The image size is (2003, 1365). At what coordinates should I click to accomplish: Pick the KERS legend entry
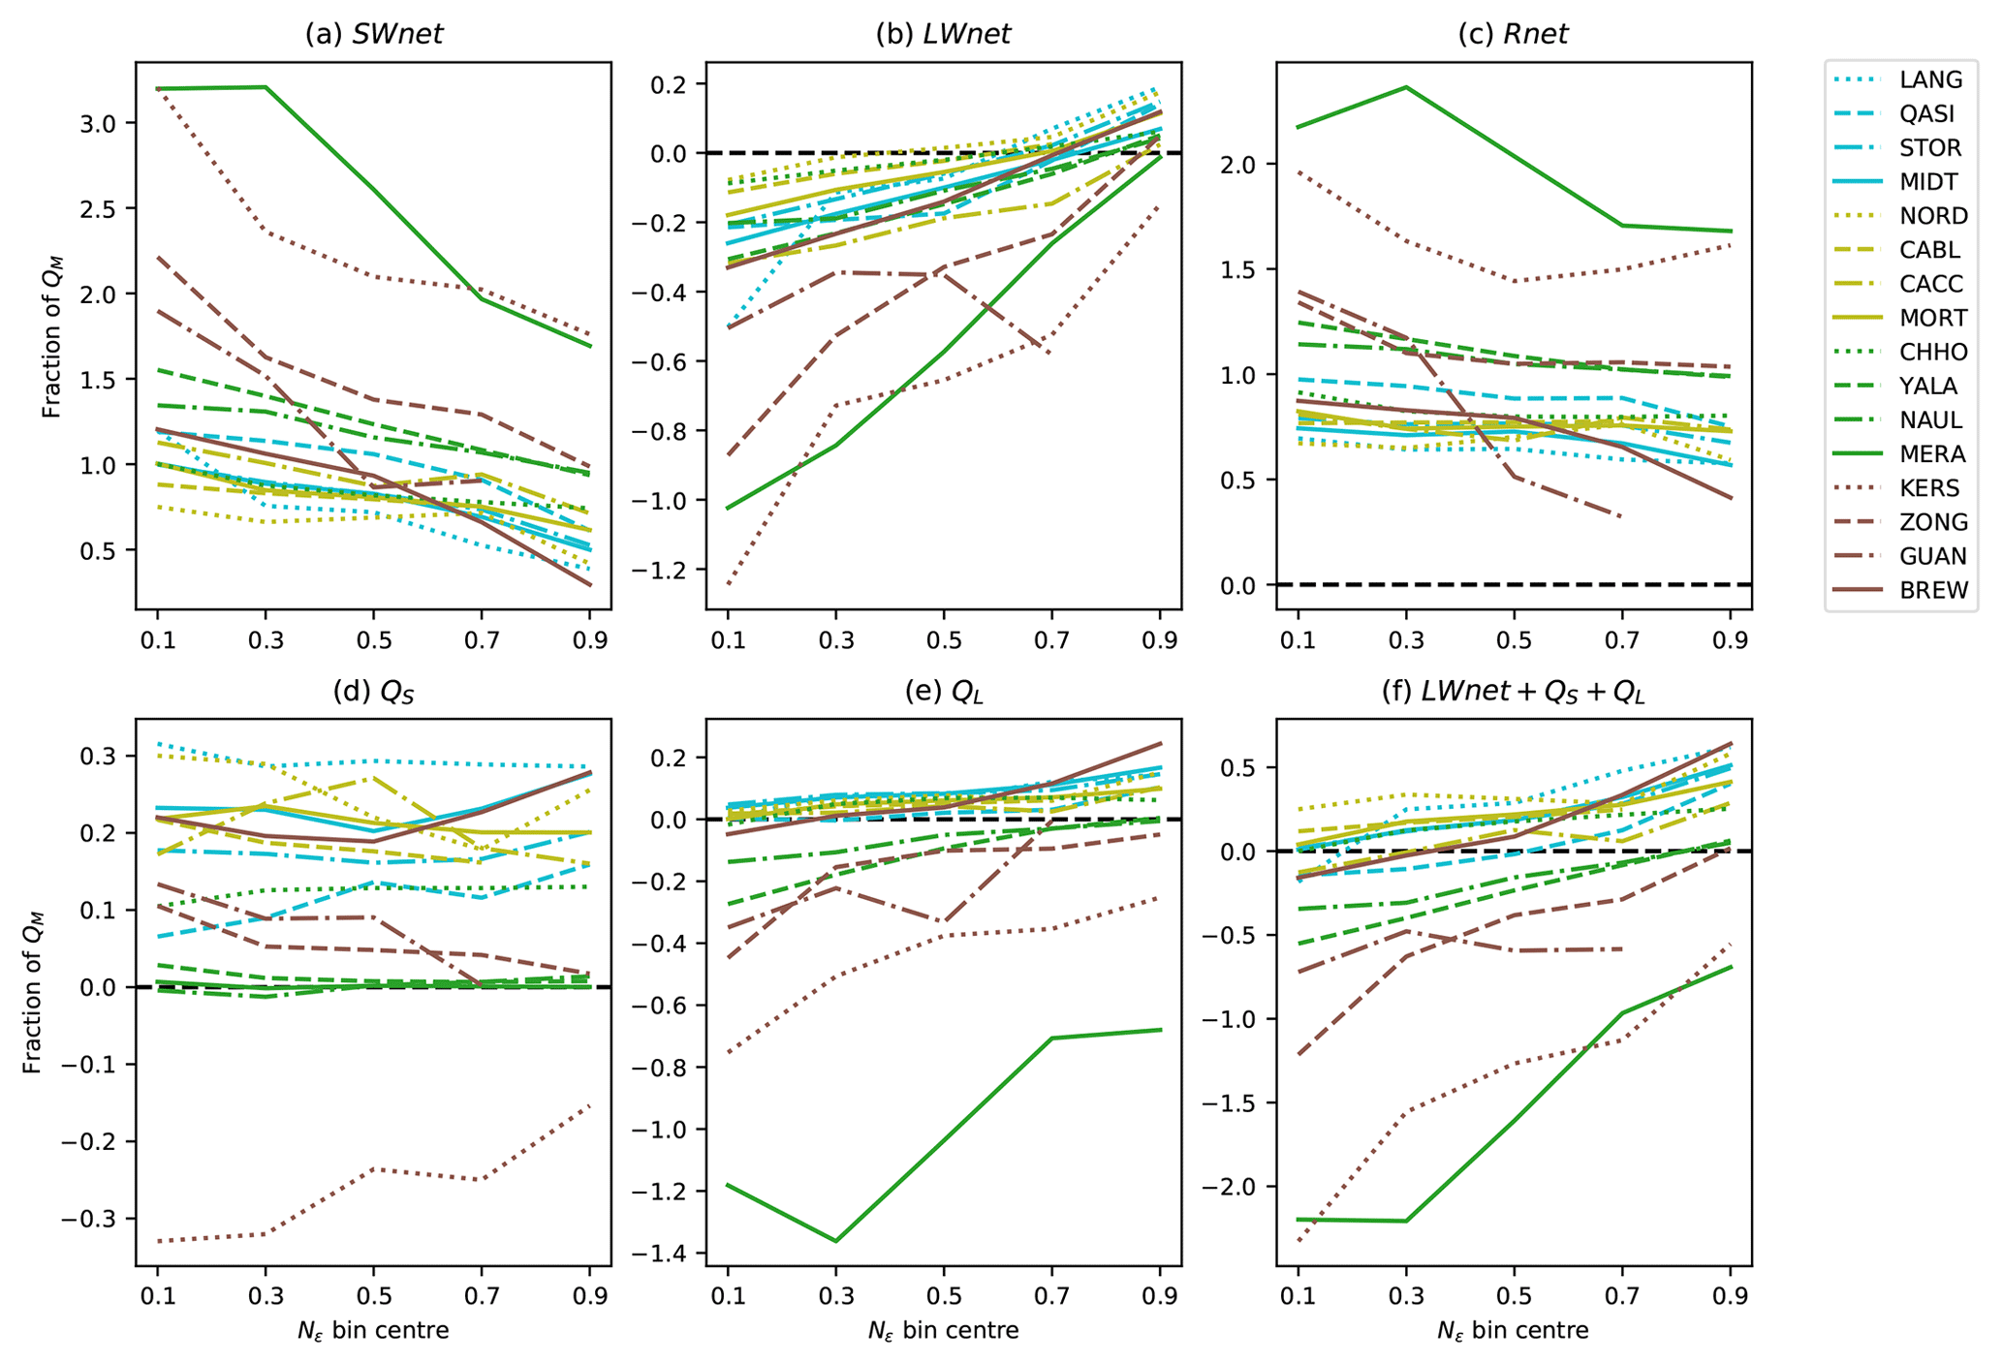click(x=1929, y=488)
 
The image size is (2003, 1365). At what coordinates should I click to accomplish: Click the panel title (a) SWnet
click(x=373, y=34)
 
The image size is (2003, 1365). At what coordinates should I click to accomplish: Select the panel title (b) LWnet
click(x=943, y=34)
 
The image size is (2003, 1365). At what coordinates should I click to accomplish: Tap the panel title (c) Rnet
click(x=1513, y=34)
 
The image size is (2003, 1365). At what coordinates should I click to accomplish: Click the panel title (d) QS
click(x=373, y=691)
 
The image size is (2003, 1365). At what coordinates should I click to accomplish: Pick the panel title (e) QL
click(x=943, y=691)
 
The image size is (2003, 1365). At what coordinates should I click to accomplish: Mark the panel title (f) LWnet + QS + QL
click(x=1513, y=691)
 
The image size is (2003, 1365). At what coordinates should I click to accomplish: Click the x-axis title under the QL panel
click(x=943, y=1331)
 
